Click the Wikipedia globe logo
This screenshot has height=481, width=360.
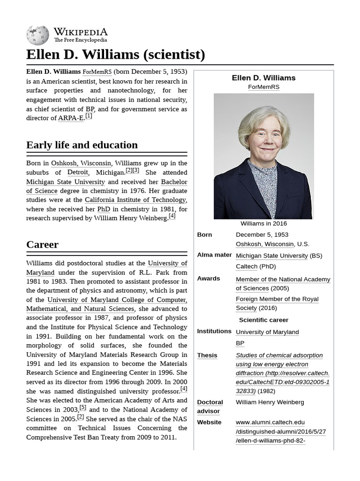37,35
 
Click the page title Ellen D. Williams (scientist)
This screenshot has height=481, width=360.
115,54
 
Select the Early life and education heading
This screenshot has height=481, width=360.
82,145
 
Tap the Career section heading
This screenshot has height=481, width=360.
42,244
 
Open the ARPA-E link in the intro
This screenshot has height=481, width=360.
70,118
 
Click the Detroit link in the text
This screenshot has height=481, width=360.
77,172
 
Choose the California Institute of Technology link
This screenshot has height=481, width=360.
135,200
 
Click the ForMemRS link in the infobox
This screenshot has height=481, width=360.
263,87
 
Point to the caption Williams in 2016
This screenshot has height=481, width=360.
263,224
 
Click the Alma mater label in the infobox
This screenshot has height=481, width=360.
214,255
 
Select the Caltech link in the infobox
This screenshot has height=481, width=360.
247,266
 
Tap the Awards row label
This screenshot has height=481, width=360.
209,279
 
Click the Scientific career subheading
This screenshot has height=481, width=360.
263,320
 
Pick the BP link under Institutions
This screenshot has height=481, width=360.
240,343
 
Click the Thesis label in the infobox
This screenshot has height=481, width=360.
207,356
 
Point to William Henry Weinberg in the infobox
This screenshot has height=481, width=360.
270,402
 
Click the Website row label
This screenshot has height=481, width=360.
209,422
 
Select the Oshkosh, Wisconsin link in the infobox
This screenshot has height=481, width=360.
265,244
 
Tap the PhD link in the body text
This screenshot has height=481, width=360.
104,209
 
